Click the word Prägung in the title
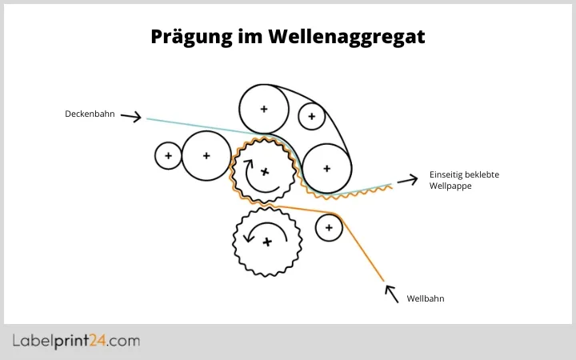click(190, 37)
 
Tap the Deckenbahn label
click(90, 114)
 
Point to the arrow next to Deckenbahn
click(132, 118)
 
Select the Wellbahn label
click(425, 298)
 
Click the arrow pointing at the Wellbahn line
click(391, 294)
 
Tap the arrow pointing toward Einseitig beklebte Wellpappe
click(407, 180)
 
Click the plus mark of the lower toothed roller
click(267, 241)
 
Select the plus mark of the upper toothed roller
click(266, 171)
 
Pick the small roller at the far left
click(168, 155)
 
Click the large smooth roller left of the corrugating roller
click(206, 155)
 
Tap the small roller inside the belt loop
click(310, 117)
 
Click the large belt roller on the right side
click(326, 168)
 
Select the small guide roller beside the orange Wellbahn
click(328, 228)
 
